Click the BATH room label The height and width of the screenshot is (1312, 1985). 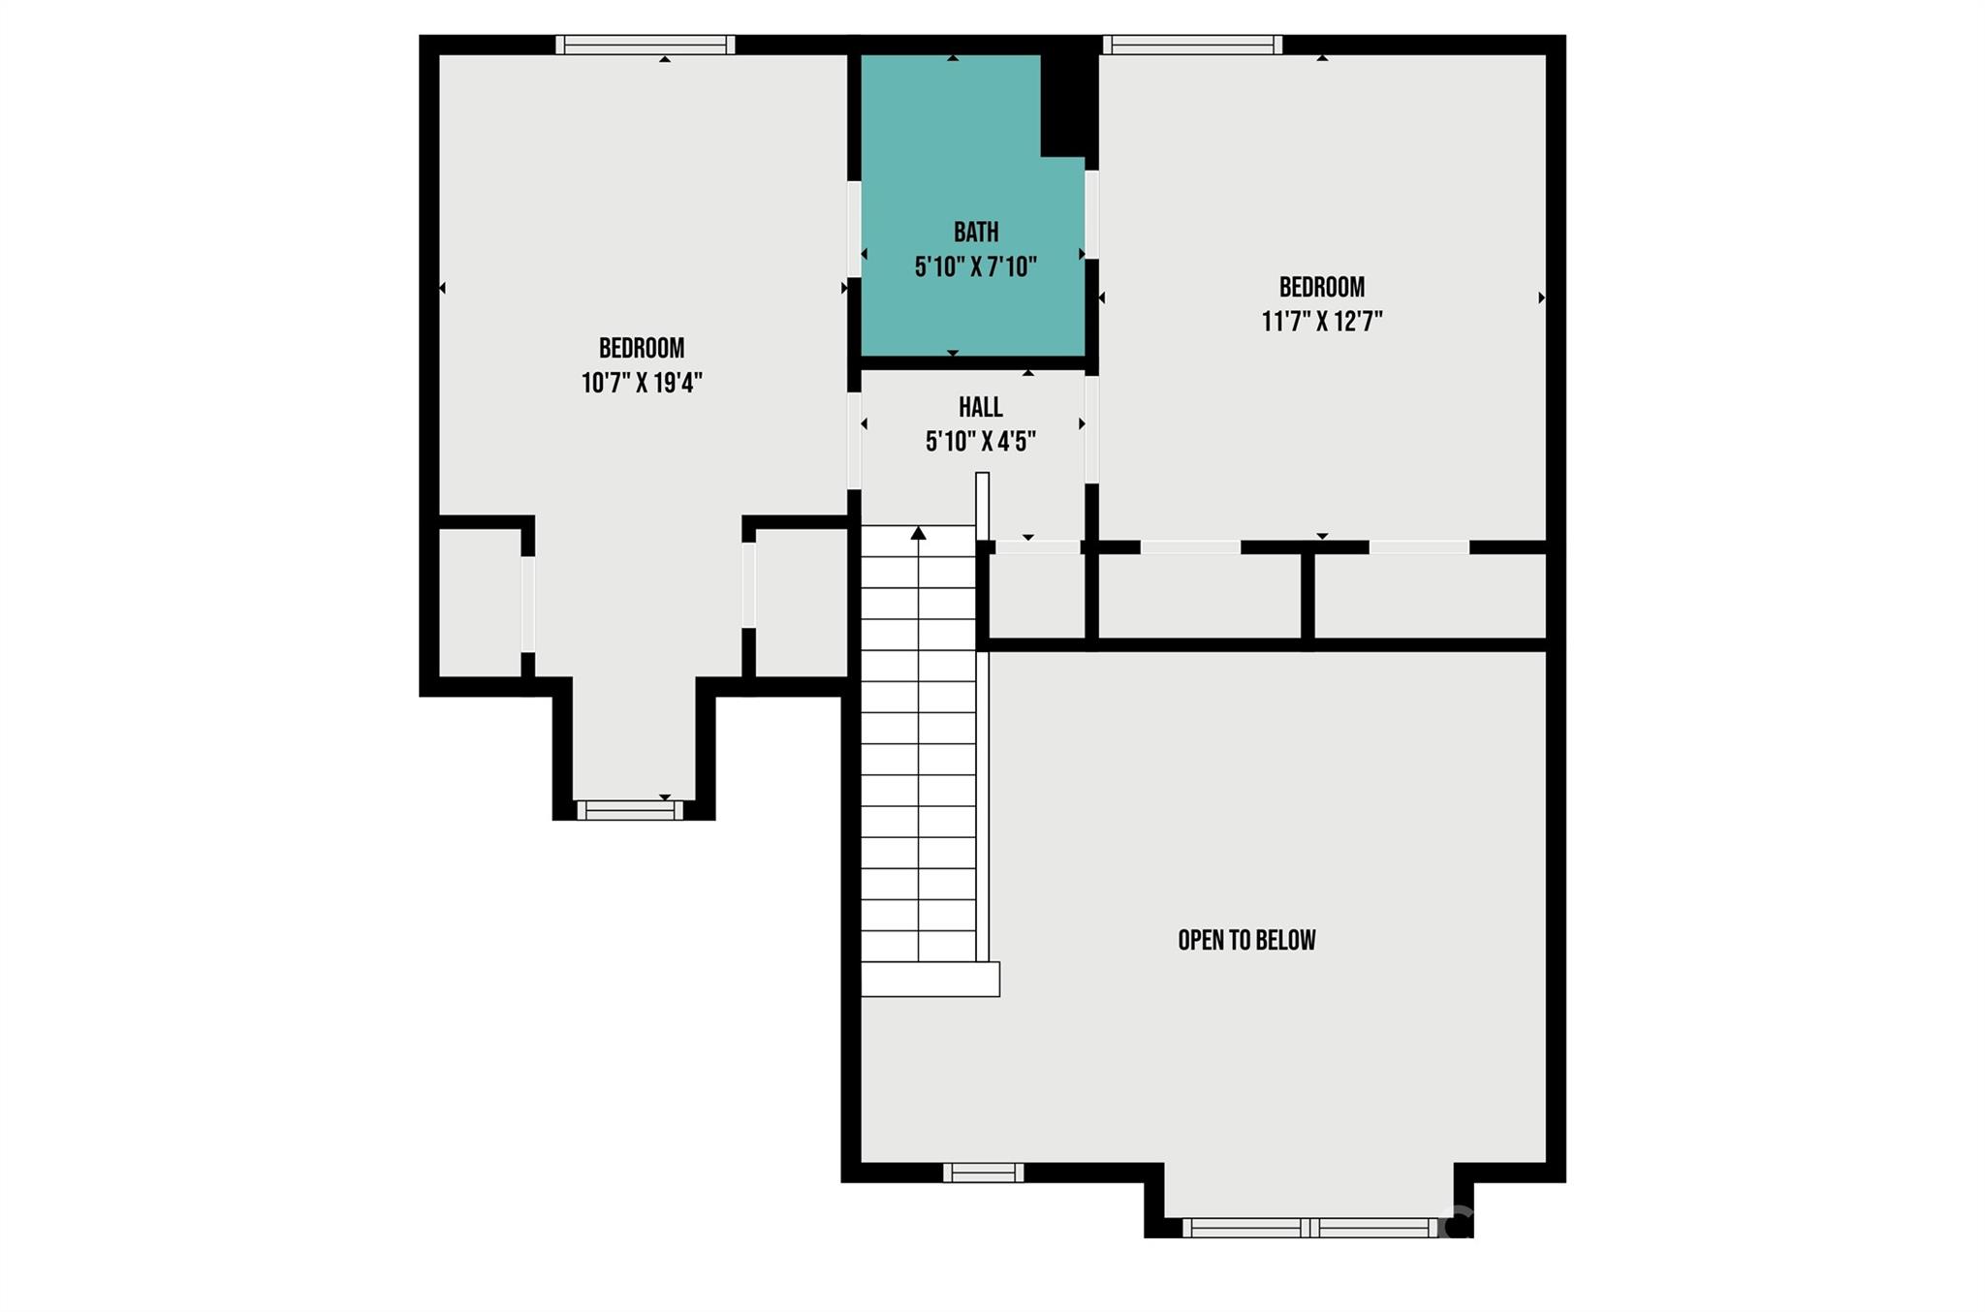click(x=975, y=233)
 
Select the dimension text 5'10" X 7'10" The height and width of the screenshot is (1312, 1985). click(x=975, y=266)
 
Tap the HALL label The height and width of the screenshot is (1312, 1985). click(x=980, y=407)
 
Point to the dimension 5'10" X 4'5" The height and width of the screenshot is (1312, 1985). click(x=980, y=442)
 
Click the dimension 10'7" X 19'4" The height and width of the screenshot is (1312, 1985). click(x=641, y=383)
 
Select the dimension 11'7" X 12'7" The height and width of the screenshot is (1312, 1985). click(x=1321, y=321)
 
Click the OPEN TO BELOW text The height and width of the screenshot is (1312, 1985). click(x=1246, y=940)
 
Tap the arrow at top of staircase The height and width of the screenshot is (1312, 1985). click(x=918, y=533)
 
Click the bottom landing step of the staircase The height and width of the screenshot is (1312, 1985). click(x=929, y=979)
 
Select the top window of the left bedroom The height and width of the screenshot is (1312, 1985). click(x=645, y=45)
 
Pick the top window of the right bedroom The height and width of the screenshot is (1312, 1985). click(x=1192, y=45)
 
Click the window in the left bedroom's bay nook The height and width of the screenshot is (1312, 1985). click(x=630, y=810)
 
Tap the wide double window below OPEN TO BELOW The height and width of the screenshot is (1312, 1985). click(x=1309, y=1228)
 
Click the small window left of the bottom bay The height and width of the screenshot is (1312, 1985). click(x=983, y=1172)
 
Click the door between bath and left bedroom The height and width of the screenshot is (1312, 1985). click(x=854, y=229)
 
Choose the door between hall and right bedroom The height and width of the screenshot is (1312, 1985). click(x=1091, y=428)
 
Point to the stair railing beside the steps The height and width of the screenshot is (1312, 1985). click(x=982, y=717)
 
